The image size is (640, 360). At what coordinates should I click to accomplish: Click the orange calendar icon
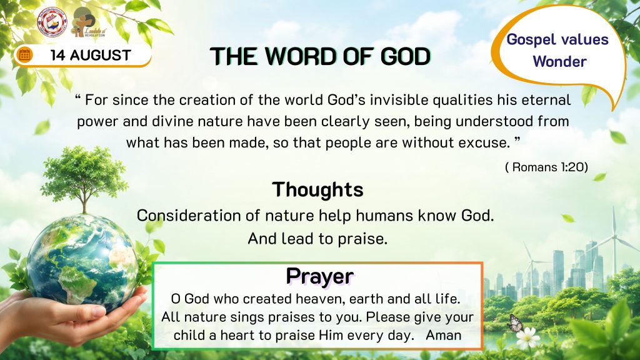(24, 54)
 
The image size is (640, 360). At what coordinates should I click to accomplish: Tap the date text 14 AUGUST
(91, 55)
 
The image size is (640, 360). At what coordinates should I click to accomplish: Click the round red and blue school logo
(51, 22)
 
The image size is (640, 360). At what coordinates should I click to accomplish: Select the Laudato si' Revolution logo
(87, 23)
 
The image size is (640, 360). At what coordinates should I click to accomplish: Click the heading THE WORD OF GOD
(320, 56)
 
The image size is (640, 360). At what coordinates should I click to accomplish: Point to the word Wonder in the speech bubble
(559, 62)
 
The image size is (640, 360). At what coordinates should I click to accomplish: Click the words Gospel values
(557, 39)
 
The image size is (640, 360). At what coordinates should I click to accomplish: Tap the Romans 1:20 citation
(546, 167)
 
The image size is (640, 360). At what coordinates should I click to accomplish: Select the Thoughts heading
(317, 189)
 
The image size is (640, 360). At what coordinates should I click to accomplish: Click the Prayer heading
(319, 276)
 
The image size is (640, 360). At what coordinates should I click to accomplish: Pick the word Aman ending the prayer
(444, 335)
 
